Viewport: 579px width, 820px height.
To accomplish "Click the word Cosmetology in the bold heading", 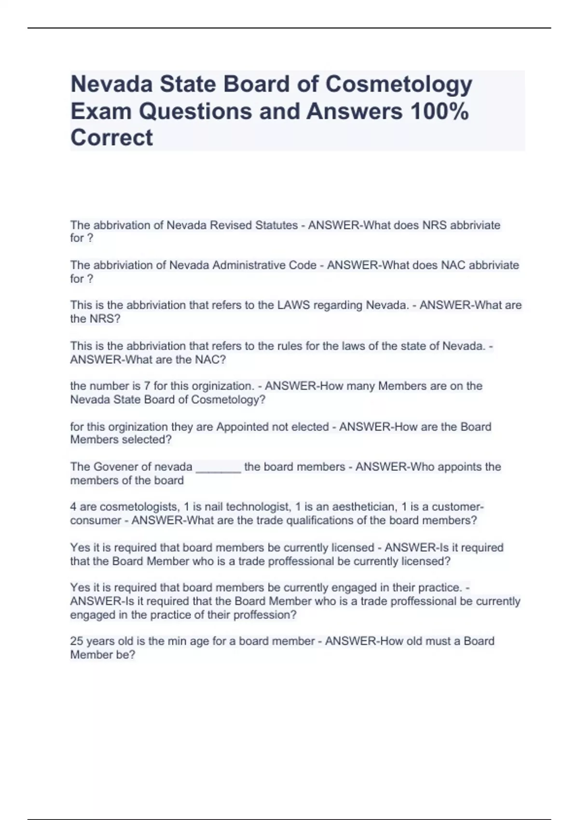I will point(399,84).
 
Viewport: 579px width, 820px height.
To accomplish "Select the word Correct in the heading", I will point(111,138).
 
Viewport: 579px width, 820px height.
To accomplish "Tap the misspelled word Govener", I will point(115,467).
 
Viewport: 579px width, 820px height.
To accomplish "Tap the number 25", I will point(77,642).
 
